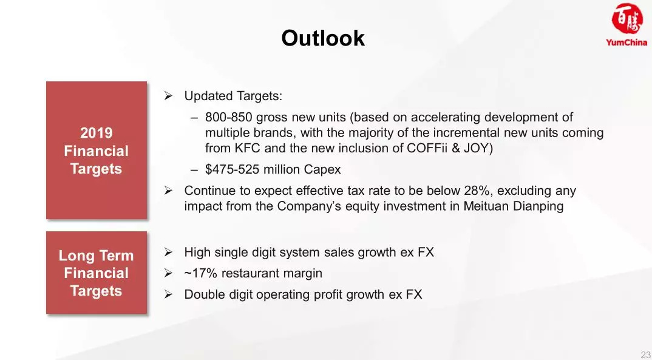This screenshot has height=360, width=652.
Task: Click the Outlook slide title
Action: click(x=323, y=38)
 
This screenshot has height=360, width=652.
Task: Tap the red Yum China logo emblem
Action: click(x=627, y=19)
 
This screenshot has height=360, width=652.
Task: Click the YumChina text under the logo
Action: click(x=627, y=42)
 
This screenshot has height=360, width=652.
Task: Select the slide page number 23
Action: click(x=646, y=355)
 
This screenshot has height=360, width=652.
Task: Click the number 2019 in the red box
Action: click(x=96, y=133)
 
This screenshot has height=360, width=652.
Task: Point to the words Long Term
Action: click(x=96, y=255)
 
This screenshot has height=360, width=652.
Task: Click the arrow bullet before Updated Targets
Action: click(x=168, y=96)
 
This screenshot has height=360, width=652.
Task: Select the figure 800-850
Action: click(x=229, y=118)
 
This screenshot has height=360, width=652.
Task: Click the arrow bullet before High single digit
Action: click(x=168, y=252)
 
